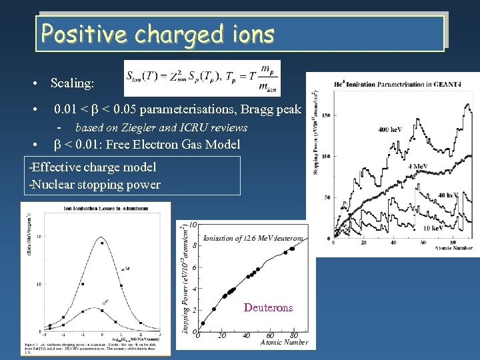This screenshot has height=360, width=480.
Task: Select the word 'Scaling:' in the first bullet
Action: point(73,84)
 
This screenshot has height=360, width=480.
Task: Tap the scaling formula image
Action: point(202,78)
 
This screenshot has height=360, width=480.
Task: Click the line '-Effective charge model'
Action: point(93,167)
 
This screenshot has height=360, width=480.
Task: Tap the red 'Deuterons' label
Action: point(268,307)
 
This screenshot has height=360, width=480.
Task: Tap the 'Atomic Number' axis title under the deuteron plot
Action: point(283,342)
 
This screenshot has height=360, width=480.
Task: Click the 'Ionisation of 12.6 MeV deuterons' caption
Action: point(253,238)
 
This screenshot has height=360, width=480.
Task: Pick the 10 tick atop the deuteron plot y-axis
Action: point(193,225)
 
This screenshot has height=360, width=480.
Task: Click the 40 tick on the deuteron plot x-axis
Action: point(246,335)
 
